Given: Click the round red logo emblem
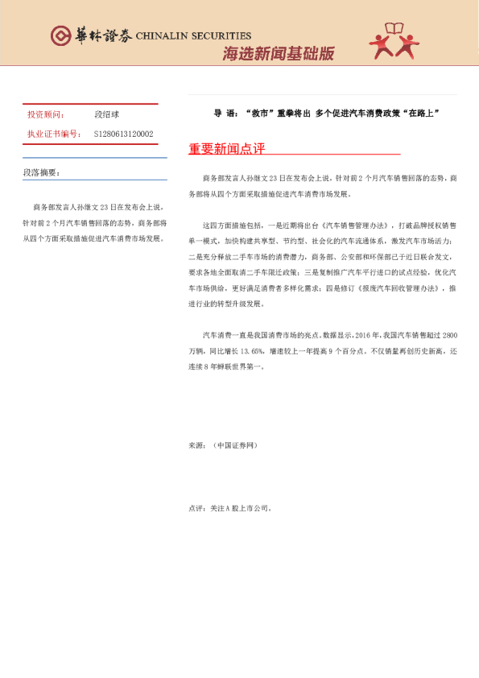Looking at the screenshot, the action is (61, 35).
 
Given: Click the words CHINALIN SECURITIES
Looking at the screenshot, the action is (193, 36).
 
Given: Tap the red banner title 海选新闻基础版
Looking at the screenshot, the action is (278, 54).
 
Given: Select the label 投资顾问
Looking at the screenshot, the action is (45, 114).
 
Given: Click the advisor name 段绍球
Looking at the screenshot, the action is (107, 114).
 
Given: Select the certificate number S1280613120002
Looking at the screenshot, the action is (124, 134).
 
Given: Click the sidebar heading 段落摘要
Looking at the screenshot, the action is (41, 173).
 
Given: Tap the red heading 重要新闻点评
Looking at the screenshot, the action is (226, 149).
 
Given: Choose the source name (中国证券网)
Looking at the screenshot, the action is (235, 444).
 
